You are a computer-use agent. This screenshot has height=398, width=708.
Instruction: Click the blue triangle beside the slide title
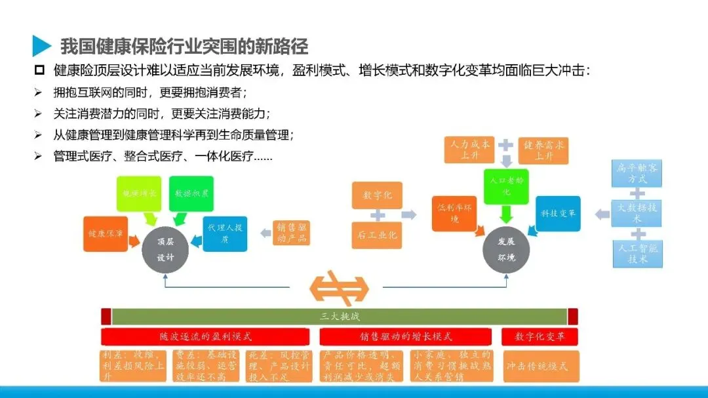point(41,45)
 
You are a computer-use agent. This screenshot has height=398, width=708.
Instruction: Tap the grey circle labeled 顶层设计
point(165,249)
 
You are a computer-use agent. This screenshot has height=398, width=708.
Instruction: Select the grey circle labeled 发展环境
point(506,249)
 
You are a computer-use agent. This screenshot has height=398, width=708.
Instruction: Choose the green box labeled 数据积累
point(191,193)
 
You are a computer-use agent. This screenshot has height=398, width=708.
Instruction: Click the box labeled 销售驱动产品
point(291,232)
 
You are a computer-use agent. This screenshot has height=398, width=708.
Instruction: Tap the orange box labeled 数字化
point(377,195)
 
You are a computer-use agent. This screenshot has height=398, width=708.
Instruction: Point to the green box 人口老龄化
point(505,186)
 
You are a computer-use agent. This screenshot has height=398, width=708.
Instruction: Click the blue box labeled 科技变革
point(558,213)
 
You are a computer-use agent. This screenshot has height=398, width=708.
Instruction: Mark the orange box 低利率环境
point(454,213)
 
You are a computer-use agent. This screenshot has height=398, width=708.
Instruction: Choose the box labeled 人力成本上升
point(469,150)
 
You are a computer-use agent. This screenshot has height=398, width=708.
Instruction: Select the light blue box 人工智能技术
point(637,254)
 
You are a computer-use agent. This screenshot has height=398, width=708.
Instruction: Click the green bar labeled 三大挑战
point(340,317)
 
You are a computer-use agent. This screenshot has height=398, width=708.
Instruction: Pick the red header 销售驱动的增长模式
point(405,336)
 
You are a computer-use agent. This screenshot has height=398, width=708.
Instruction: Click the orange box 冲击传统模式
point(541,366)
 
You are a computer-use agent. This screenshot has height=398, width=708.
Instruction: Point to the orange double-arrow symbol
point(339,287)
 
